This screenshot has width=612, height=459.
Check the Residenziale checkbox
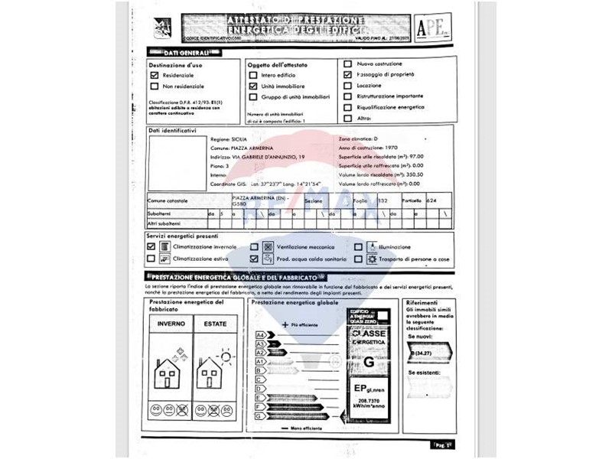click(155, 76)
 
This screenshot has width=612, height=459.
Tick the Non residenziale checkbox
click(155, 87)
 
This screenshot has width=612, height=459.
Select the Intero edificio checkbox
click(253, 76)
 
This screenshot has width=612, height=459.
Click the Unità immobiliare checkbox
click(253, 87)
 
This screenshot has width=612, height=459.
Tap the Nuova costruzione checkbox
click(348, 64)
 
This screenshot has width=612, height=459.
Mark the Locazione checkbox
click(348, 86)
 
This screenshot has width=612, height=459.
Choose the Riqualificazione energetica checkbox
click(348, 108)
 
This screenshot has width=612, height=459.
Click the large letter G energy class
click(369, 361)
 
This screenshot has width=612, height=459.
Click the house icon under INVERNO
click(167, 376)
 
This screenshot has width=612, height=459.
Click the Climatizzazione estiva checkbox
click(151, 259)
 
